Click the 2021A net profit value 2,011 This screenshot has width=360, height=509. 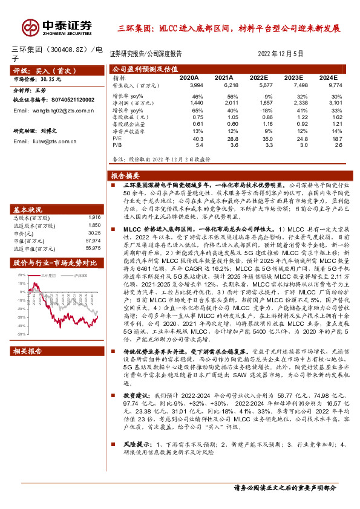pos(224,104)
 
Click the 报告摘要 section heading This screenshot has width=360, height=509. pos(126,175)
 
